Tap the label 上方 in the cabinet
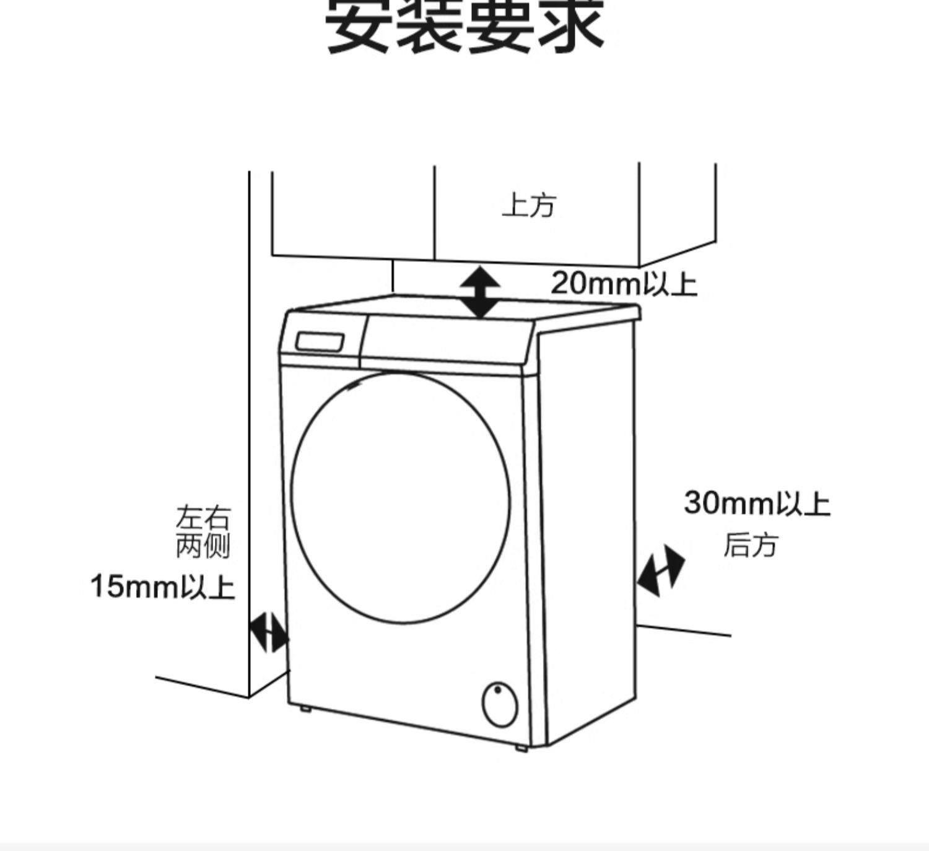click(529, 206)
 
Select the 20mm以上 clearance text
click(624, 284)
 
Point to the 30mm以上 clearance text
click(756, 503)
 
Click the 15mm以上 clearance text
click(162, 587)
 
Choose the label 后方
click(749, 546)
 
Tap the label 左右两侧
click(203, 532)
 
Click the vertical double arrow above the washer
click(481, 292)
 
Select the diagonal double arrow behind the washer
click(661, 570)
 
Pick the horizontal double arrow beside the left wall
click(268, 632)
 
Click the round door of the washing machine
click(401, 489)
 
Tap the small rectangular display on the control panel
click(320, 342)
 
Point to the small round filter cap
click(500, 705)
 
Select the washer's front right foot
click(521, 748)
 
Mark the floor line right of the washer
click(684, 630)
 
